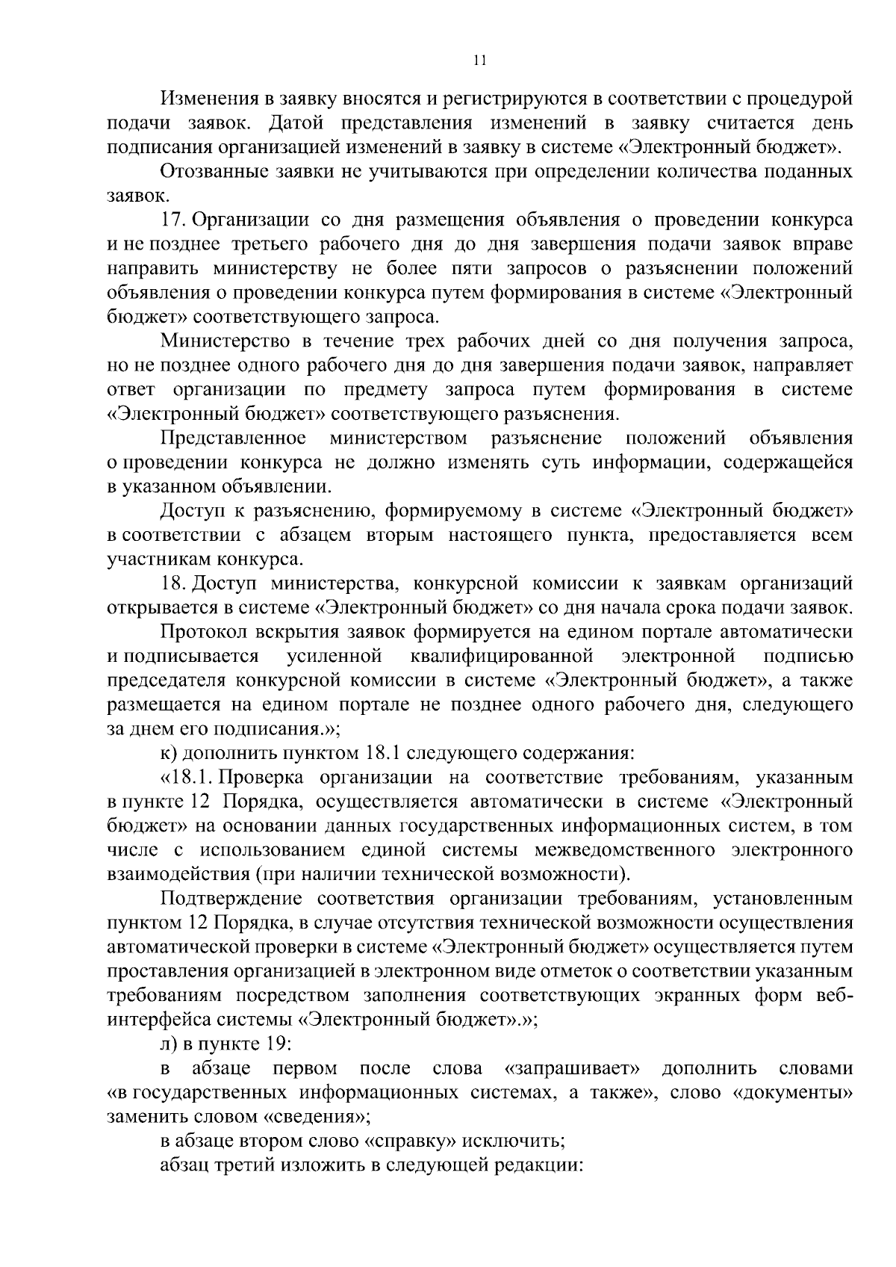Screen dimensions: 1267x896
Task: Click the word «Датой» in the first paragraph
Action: click(296, 123)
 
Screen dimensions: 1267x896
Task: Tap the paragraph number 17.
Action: click(174, 220)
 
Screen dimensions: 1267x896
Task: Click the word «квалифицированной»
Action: click(502, 657)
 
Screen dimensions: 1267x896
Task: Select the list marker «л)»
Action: click(169, 1044)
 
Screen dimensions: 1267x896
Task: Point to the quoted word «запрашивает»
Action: click(574, 1069)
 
